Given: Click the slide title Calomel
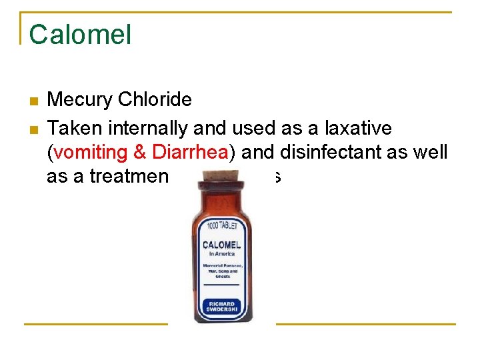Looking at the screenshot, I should click(x=80, y=35).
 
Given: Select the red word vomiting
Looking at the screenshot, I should click(x=91, y=152).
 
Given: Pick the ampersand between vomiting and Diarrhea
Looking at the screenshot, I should click(x=141, y=152).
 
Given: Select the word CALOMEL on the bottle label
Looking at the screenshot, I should click(x=221, y=245).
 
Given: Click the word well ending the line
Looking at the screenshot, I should click(x=431, y=152).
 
